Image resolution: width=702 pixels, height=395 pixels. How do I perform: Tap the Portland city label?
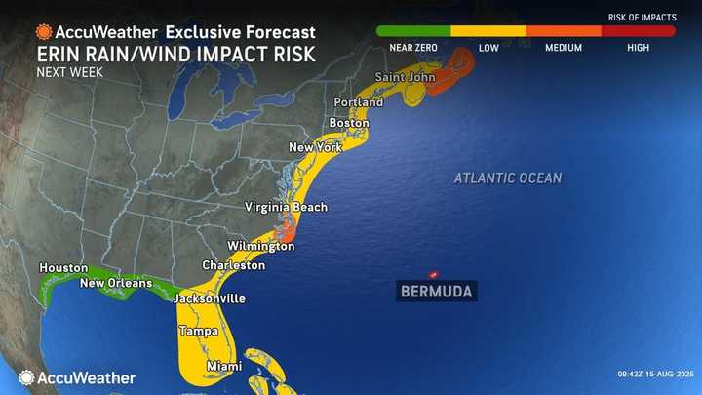[x=358, y=101]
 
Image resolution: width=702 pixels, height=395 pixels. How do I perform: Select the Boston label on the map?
[x=348, y=123]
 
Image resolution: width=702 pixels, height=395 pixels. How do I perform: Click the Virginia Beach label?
[x=286, y=207]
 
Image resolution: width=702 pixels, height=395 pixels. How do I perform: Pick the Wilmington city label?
[x=260, y=246]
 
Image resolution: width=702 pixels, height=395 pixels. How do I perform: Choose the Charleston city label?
[x=233, y=265]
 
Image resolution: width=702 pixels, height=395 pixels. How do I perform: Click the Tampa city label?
[x=197, y=332]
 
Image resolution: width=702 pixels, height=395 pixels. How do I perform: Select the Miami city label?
[x=224, y=367]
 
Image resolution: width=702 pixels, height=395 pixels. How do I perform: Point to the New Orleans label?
[x=116, y=283]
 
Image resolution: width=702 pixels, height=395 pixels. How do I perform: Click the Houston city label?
[x=63, y=267]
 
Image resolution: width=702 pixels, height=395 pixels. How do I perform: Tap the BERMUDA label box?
[x=436, y=291]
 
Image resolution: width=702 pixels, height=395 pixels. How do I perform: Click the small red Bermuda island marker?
[x=434, y=274]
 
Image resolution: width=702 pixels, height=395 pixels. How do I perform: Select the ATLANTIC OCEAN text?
[x=507, y=178]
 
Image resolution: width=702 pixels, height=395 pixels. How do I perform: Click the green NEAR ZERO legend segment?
[x=413, y=31]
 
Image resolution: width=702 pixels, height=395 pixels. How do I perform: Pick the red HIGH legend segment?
[x=639, y=31]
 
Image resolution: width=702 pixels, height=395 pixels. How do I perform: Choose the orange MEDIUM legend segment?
[x=564, y=31]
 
